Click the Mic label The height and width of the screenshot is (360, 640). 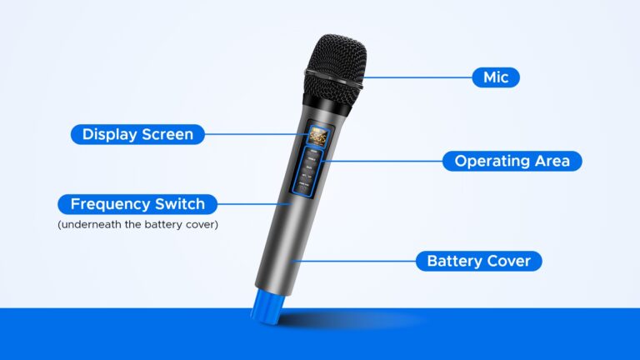(496, 77)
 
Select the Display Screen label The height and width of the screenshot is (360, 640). (137, 134)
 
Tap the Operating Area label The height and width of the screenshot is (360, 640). (512, 161)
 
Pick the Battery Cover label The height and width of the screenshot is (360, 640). (478, 261)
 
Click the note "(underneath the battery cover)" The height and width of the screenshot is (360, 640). (137, 224)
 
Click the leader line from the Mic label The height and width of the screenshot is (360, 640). (417, 77)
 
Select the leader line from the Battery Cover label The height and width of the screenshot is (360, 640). (354, 261)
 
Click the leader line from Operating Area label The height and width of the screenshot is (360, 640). (383, 161)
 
